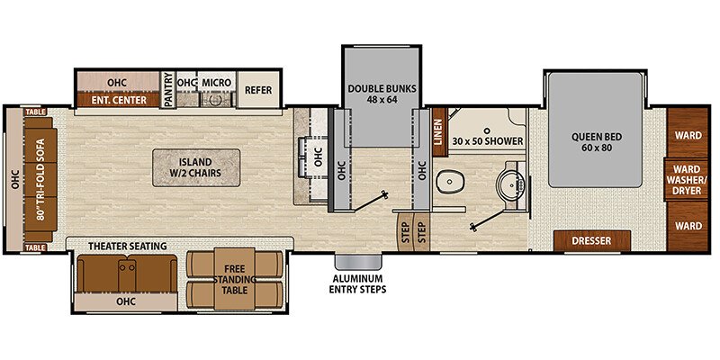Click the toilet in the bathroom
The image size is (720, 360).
click(x=448, y=182)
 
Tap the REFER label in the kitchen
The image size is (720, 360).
click(x=258, y=90)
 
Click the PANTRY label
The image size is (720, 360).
click(x=168, y=90)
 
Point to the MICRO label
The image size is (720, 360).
click(x=216, y=83)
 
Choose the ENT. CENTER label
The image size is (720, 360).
click(x=119, y=100)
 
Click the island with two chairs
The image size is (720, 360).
click(x=196, y=167)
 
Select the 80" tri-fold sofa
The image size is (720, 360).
click(x=40, y=179)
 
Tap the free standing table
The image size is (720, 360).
click(x=235, y=279)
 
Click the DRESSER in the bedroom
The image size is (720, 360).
click(x=592, y=241)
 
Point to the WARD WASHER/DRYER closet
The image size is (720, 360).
click(x=688, y=179)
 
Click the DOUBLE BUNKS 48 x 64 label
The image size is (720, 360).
click(x=382, y=94)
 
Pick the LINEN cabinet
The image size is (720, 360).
click(x=440, y=132)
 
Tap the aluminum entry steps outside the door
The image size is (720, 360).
click(x=358, y=262)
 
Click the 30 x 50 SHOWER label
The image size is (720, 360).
click(x=488, y=141)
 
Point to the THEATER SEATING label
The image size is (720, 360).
click(x=127, y=246)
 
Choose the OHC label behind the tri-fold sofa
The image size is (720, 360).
click(x=14, y=179)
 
